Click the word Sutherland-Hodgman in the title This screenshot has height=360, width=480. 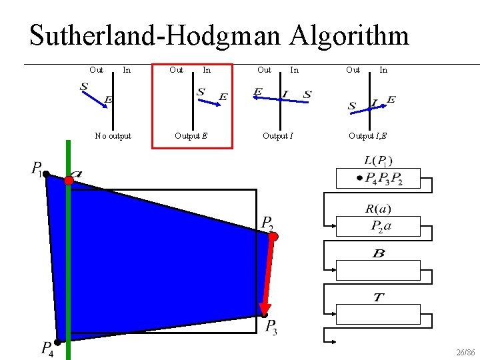[x=157, y=35]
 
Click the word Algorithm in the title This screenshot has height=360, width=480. [x=349, y=35]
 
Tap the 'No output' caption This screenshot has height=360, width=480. [x=113, y=136]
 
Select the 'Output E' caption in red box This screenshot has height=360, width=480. [x=191, y=136]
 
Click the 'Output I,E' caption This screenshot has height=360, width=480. [x=367, y=136]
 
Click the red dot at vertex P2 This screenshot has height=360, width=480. [x=273, y=236]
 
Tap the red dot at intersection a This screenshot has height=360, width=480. [x=69, y=180]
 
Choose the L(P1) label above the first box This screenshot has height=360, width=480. [x=378, y=160]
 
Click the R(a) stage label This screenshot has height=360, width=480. [x=378, y=209]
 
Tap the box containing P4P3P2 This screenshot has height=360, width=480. [x=378, y=179]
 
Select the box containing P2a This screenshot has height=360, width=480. [x=378, y=227]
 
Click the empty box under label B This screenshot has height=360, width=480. [x=378, y=270]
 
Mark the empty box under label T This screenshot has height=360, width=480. [x=378, y=314]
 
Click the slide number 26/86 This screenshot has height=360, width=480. [x=465, y=351]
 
